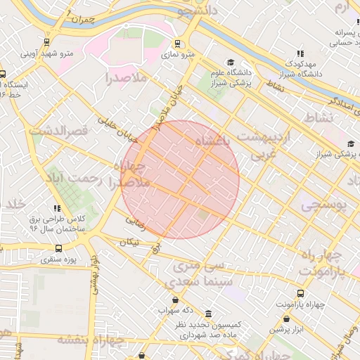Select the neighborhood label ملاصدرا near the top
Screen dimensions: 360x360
click(127, 77)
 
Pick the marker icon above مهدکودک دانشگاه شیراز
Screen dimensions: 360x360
click(301, 53)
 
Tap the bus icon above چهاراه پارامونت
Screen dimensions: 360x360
click(301, 293)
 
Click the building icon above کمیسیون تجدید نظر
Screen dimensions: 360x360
click(208, 314)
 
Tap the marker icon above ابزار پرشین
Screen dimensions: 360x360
click(278, 319)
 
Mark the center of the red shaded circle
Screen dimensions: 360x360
click(180, 179)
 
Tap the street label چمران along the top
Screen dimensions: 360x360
click(82, 19)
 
